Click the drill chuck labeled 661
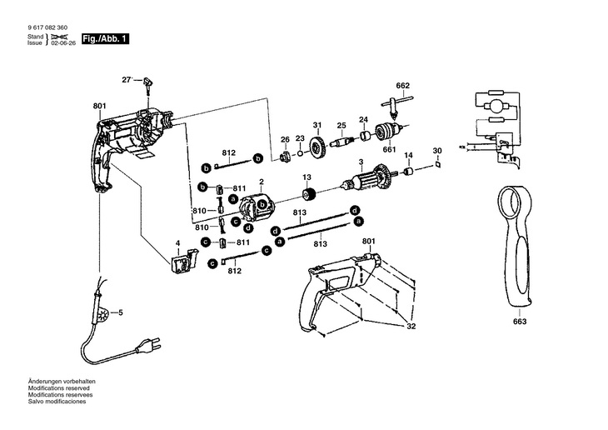coord(386,132)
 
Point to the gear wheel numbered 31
coord(317,150)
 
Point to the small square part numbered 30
coord(436,166)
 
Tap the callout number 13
coord(306,177)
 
